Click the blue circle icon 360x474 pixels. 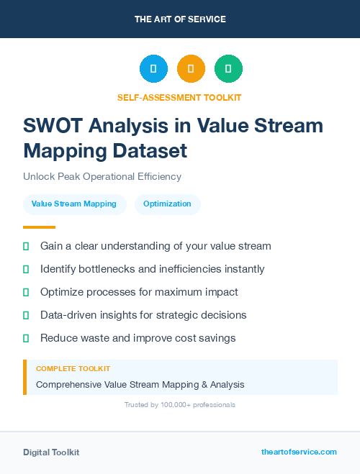(x=153, y=69)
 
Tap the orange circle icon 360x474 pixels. (x=191, y=69)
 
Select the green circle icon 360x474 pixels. (x=228, y=69)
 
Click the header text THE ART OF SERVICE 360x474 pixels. (x=180, y=19)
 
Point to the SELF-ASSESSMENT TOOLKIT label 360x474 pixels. (x=179, y=97)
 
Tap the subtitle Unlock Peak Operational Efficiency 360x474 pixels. (x=102, y=176)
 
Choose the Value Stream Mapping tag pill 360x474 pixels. (x=75, y=204)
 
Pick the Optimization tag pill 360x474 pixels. (x=167, y=204)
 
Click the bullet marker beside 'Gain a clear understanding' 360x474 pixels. (x=26, y=246)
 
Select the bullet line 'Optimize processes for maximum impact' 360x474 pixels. (x=139, y=292)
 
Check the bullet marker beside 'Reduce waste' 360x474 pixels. (x=26, y=338)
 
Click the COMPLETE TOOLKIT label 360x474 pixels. (x=73, y=369)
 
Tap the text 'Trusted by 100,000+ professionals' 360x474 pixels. (x=180, y=405)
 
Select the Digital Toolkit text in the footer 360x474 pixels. (x=51, y=452)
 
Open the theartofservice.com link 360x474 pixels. (x=299, y=452)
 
